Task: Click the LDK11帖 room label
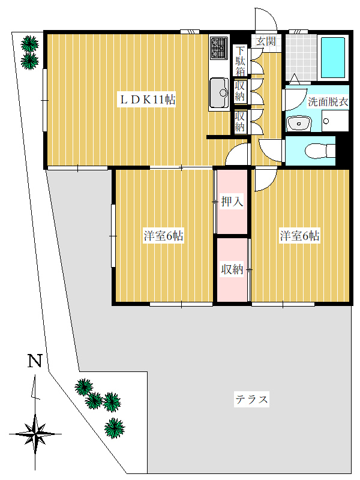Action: point(147,100)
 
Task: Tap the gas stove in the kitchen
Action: point(219,47)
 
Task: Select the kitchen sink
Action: point(219,93)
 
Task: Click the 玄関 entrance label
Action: point(266,41)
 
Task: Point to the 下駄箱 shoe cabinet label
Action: point(241,61)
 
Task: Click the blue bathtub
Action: point(333,58)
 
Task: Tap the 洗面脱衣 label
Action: point(328,101)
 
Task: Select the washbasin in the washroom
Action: point(299,123)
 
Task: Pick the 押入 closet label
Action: point(232,202)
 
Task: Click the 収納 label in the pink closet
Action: point(232,269)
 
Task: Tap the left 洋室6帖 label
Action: point(163,236)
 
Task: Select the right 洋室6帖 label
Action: point(299,236)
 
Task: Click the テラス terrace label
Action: point(251,399)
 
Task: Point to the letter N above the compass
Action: point(35,361)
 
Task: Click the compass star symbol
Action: point(35,434)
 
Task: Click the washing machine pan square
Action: point(335,121)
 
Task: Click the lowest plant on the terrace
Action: point(115,428)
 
